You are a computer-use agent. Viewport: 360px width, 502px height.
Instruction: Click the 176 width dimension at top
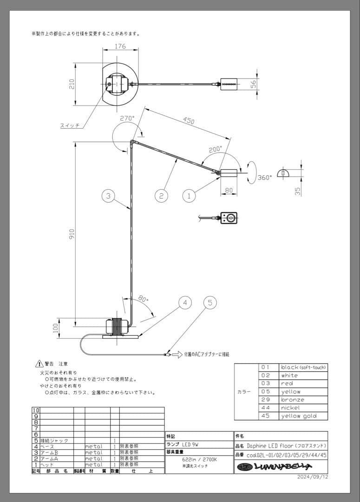(120, 46)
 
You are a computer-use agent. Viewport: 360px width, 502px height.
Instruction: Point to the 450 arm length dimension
(188, 121)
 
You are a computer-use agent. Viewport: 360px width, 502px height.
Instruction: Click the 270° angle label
(127, 119)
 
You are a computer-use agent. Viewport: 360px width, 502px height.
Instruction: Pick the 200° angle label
(215, 150)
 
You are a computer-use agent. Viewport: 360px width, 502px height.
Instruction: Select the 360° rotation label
(264, 178)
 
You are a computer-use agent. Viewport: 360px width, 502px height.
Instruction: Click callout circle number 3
(108, 196)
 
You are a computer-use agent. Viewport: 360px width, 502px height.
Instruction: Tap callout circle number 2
(161, 196)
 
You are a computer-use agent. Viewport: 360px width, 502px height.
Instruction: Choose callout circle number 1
(189, 196)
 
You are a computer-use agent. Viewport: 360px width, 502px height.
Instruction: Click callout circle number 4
(185, 303)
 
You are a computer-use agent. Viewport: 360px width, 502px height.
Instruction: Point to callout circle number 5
(210, 303)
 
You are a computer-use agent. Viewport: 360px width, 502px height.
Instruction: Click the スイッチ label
(70, 125)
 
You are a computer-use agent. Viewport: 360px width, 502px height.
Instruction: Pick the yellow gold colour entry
(298, 416)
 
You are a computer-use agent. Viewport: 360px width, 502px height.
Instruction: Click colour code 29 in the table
(265, 400)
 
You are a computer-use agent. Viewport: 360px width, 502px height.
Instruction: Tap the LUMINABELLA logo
(275, 467)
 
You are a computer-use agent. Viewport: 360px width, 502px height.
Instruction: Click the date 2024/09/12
(313, 477)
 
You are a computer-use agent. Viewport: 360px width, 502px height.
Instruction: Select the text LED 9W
(194, 444)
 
